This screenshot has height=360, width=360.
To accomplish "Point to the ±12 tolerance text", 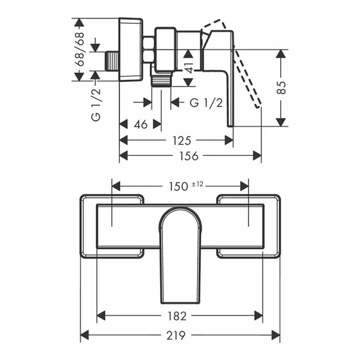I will coord(198,184).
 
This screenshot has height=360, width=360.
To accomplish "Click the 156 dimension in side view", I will coord(190,156).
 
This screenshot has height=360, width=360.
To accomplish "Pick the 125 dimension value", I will coord(181,140).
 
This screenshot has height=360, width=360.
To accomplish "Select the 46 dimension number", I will coord(140,125).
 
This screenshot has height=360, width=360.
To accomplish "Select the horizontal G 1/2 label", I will coord(206,103).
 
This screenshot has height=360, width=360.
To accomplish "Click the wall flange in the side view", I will coord(130,50).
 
